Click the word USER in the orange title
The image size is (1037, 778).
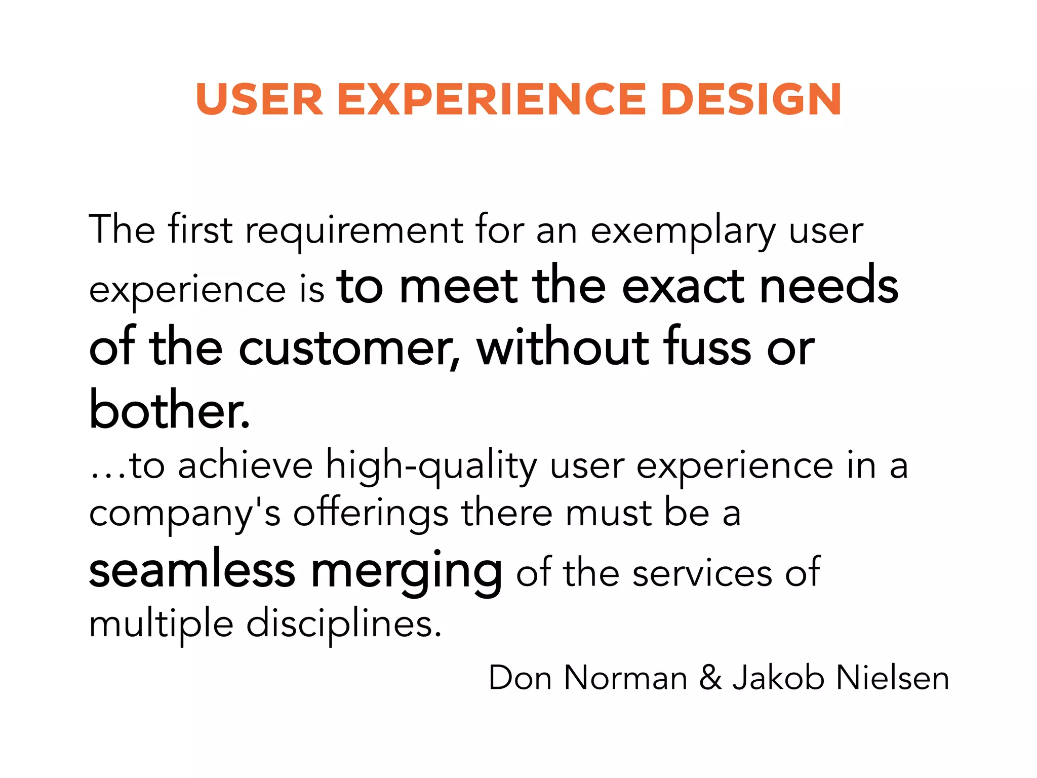(x=259, y=99)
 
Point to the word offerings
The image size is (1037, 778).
(x=371, y=515)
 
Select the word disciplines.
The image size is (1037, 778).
(x=344, y=625)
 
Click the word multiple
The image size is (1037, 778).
(x=161, y=625)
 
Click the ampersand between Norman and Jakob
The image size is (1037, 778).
(x=710, y=678)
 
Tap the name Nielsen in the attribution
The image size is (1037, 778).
(x=892, y=678)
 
